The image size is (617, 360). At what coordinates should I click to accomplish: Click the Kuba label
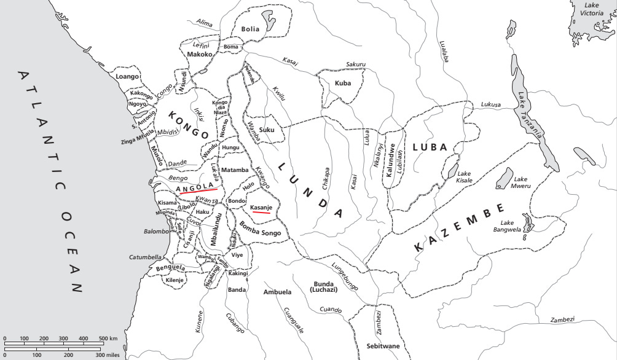point(343,83)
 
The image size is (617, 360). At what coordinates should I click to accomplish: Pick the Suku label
point(267,130)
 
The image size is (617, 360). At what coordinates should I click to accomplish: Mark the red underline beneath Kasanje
point(261,213)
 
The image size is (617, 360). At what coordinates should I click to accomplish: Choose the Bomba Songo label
point(262,233)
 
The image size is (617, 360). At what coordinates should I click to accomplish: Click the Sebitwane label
point(383,346)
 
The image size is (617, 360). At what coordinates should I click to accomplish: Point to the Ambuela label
point(277,292)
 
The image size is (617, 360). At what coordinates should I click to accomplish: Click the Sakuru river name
point(356,64)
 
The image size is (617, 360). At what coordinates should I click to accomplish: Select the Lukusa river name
point(492,104)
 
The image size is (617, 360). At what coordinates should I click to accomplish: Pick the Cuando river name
point(331,310)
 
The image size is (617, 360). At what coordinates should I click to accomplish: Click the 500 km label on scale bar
point(108,338)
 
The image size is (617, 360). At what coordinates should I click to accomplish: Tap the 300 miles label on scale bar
point(107,354)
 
